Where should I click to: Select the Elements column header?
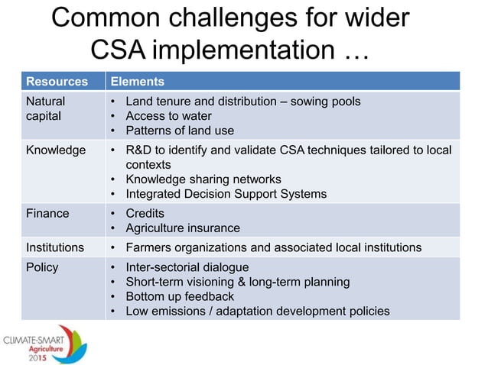[x=137, y=82]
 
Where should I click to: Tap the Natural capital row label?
[x=46, y=108]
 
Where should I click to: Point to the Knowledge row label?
[x=56, y=150]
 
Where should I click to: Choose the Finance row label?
[x=47, y=213]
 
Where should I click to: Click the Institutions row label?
[x=55, y=247]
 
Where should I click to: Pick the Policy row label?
[x=42, y=267]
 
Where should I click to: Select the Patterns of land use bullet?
[x=180, y=131]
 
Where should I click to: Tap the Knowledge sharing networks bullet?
[x=203, y=179]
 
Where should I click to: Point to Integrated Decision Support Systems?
[x=226, y=194]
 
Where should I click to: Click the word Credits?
[x=145, y=213]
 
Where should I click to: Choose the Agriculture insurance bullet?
[x=182, y=228]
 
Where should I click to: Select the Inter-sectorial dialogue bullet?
[x=187, y=267]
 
